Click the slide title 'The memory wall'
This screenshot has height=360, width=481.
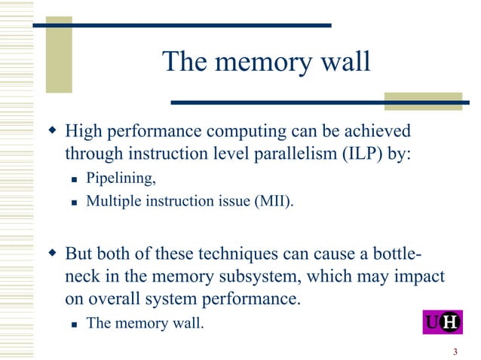[266, 62]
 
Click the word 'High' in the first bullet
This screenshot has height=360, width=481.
[84, 132]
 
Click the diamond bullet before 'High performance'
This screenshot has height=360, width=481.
[53, 133]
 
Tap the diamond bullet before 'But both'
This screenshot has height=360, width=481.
[53, 252]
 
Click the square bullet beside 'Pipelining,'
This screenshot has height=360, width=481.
[75, 180]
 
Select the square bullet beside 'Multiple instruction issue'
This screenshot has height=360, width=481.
[75, 201]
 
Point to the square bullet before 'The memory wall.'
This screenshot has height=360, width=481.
[75, 324]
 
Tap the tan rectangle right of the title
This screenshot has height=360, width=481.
[412, 101]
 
